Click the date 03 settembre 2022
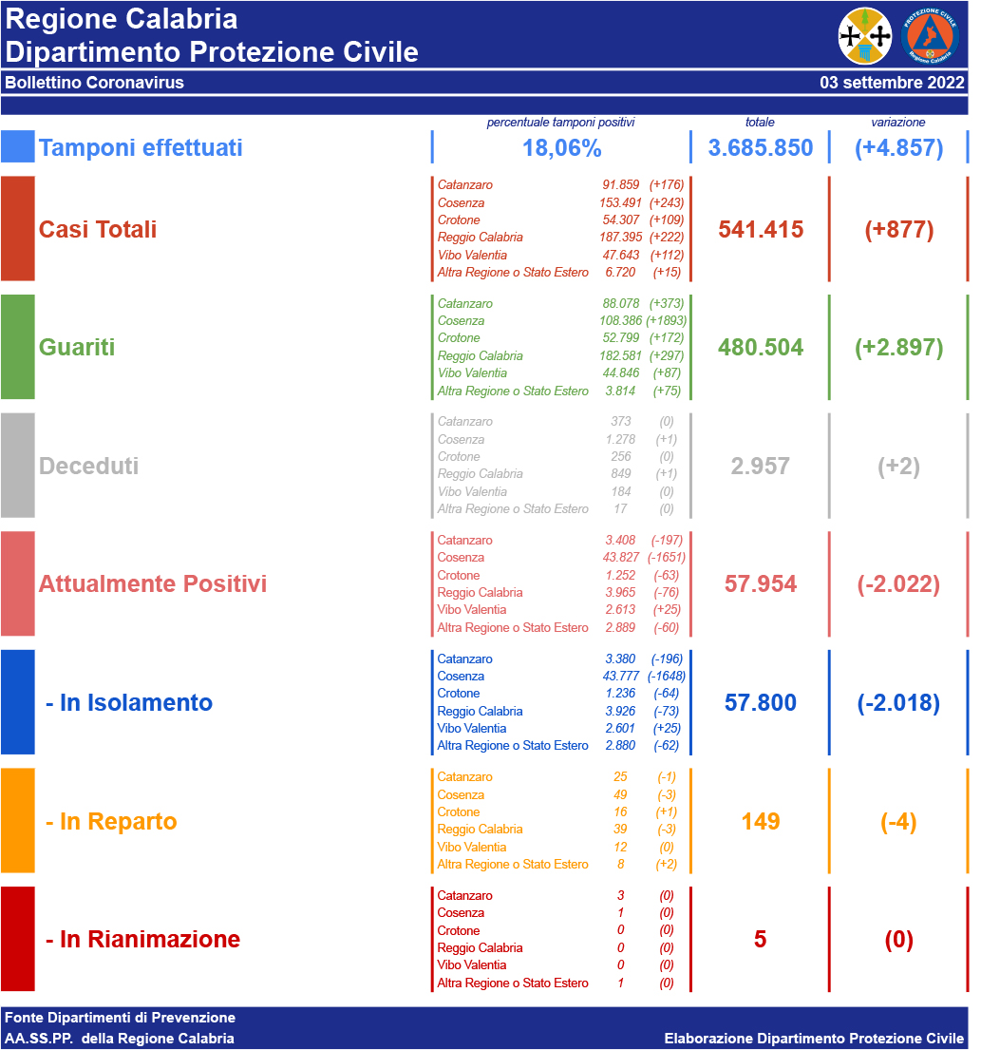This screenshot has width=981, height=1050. (892, 83)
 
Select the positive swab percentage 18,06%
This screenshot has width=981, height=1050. (561, 148)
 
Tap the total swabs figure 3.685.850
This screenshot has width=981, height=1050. (761, 148)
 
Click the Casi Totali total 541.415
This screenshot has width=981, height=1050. (761, 230)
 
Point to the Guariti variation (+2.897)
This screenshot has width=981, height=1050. (898, 348)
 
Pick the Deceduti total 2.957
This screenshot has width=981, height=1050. (761, 467)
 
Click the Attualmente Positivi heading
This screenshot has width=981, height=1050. (152, 583)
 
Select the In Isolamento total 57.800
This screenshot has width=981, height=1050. (761, 703)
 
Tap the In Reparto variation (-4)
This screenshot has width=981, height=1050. (898, 822)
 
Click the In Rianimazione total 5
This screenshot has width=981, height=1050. (760, 940)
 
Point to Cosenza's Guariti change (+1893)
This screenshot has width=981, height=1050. (666, 321)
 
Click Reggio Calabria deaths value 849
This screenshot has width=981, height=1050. (621, 474)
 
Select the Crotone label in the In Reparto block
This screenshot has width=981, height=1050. (459, 812)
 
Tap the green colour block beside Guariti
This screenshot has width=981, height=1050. (18, 347)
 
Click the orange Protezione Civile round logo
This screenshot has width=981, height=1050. (930, 35)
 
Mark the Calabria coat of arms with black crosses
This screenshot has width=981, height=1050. (865, 35)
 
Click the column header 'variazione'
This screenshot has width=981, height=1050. (897, 123)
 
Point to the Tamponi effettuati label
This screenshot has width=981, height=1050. (141, 148)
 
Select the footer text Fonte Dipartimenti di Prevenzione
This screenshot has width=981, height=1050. (120, 1018)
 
